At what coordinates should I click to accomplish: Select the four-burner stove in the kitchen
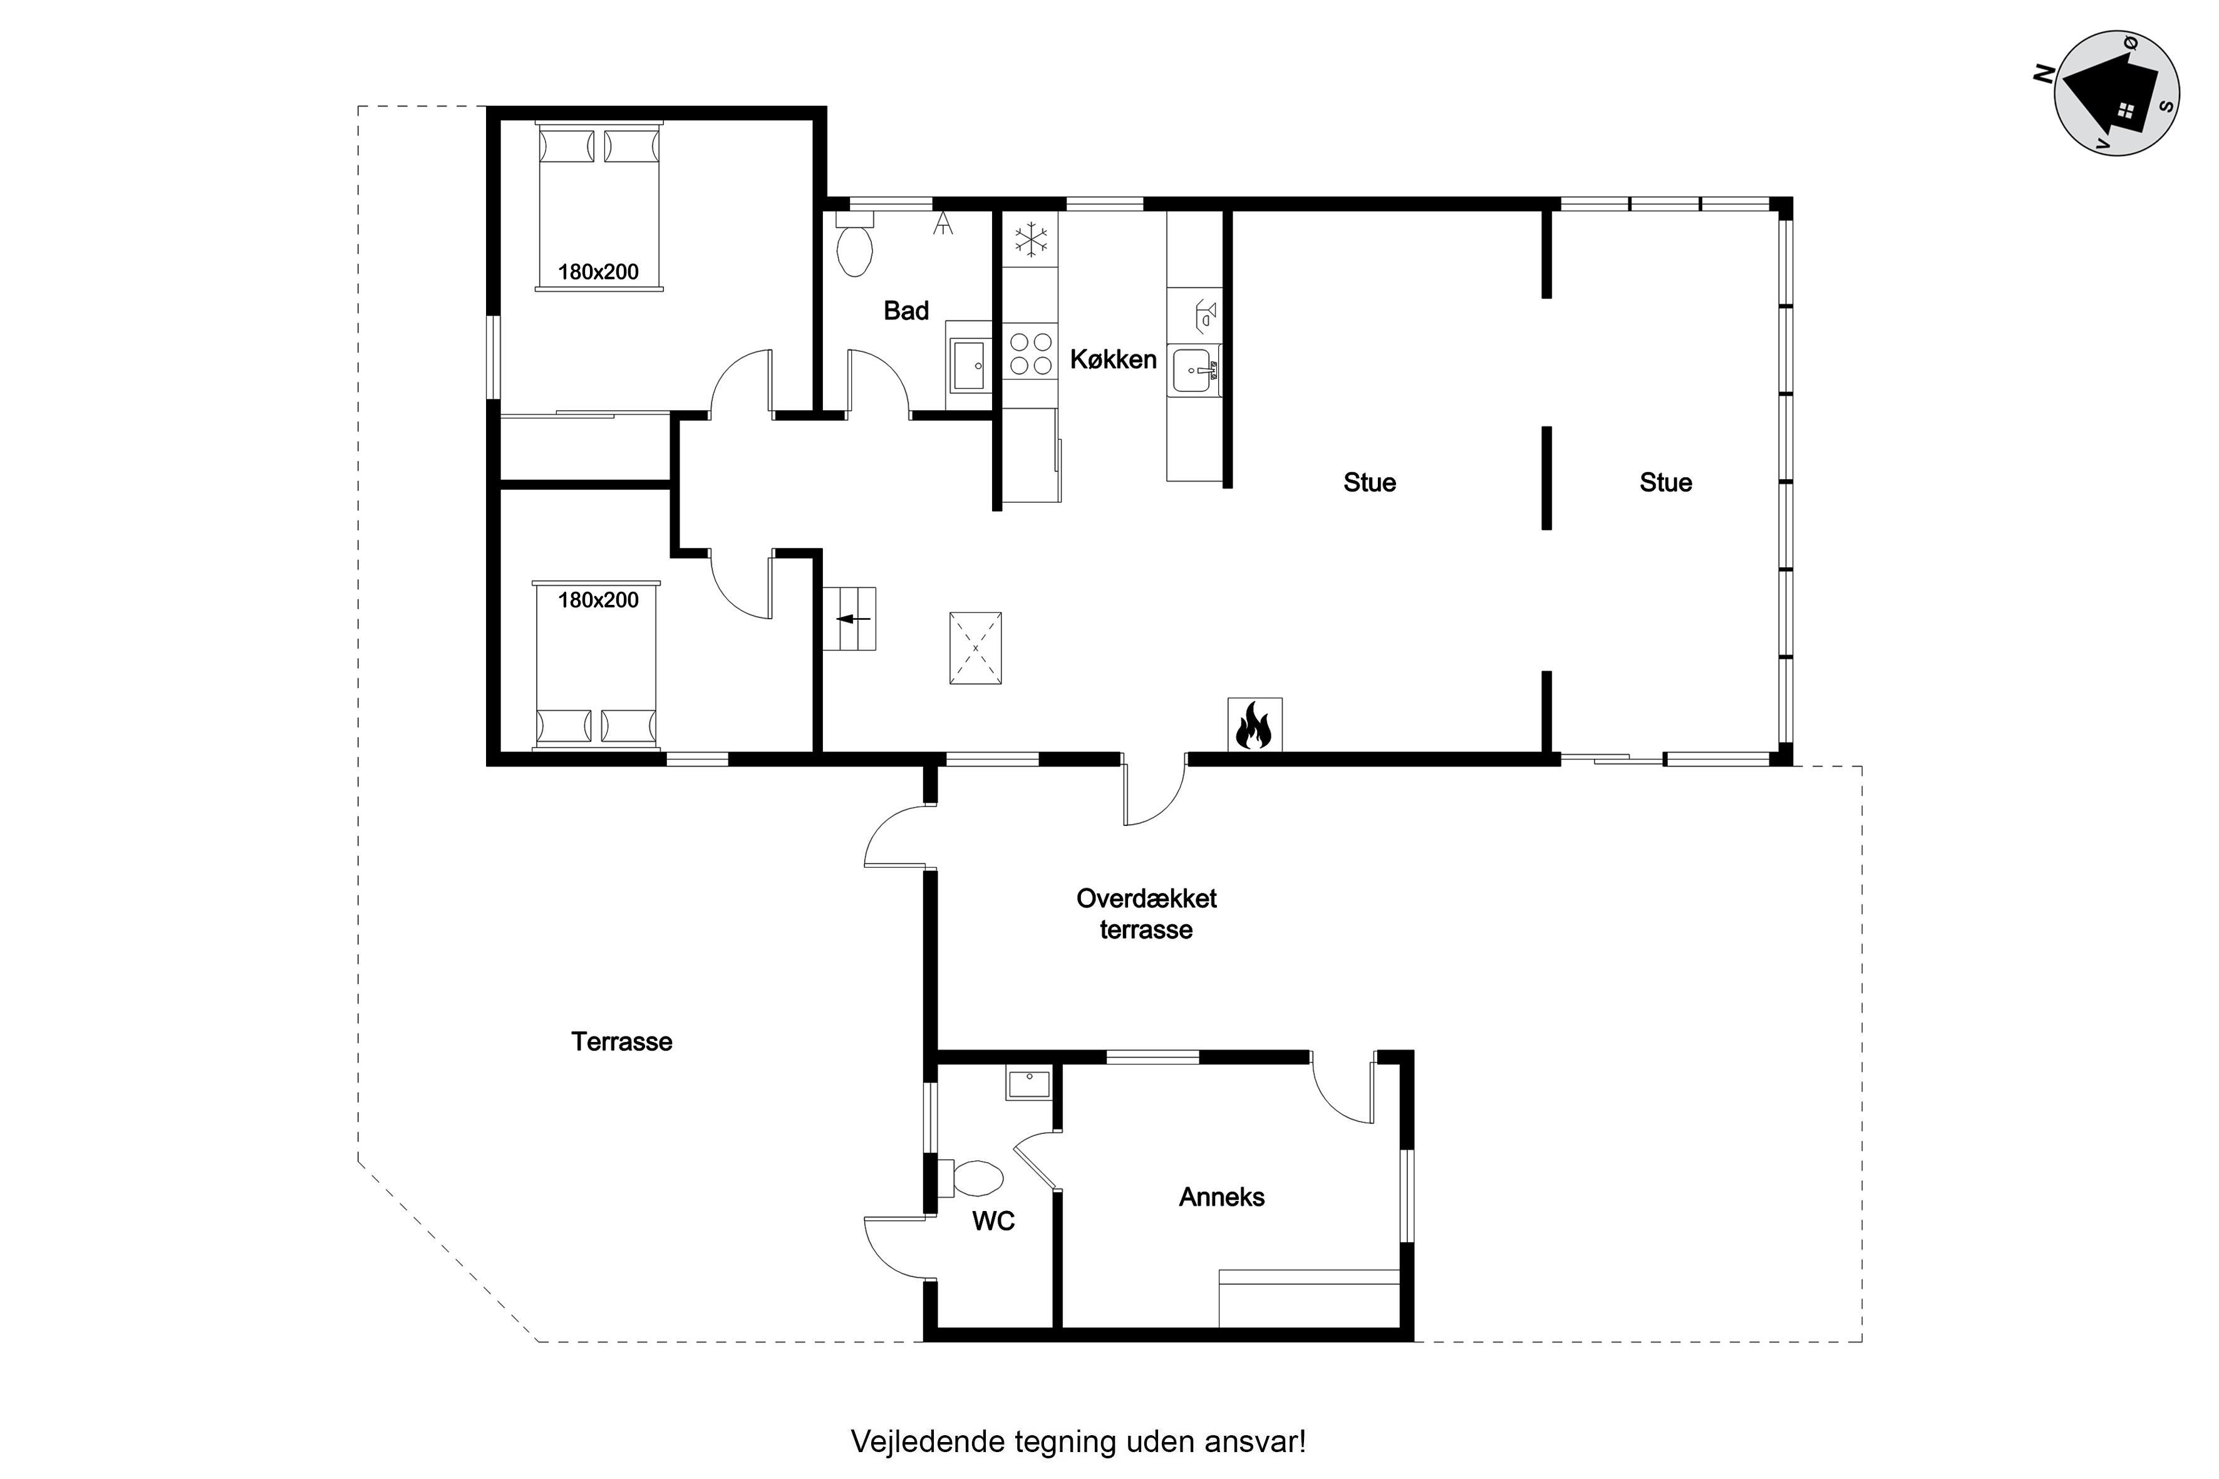(1030, 353)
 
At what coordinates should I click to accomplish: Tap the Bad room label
(906, 311)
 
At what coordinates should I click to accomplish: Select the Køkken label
(1114, 359)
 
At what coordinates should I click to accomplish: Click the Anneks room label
(1222, 1197)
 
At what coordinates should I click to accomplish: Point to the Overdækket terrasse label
(1146, 914)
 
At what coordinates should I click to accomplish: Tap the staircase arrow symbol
(854, 619)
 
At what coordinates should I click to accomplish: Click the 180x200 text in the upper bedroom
(598, 272)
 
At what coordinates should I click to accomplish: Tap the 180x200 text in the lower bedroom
(598, 600)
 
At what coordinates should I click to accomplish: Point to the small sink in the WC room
(1029, 1084)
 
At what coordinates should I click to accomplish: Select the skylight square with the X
(975, 648)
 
